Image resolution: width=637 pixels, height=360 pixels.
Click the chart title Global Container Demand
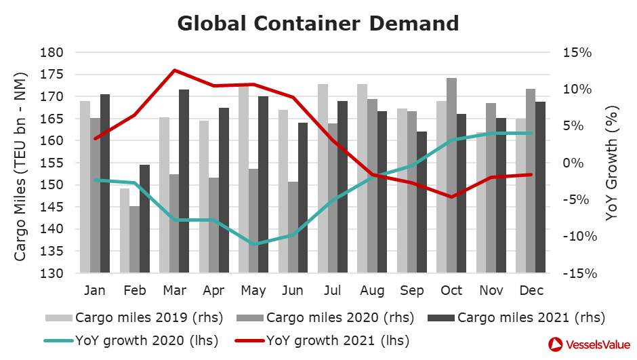(x=318, y=23)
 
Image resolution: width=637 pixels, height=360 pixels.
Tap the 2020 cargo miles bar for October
(x=451, y=176)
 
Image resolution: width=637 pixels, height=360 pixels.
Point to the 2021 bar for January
(x=105, y=184)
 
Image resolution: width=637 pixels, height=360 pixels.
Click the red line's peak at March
(x=174, y=70)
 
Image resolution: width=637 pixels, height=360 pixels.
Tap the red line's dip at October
(x=452, y=197)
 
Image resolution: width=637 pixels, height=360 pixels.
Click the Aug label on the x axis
(x=372, y=291)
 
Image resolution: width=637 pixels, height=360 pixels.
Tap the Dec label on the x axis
(x=531, y=291)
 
